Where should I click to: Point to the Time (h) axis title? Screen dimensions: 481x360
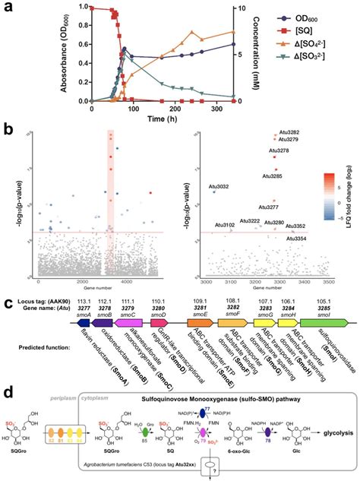point(162,117)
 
